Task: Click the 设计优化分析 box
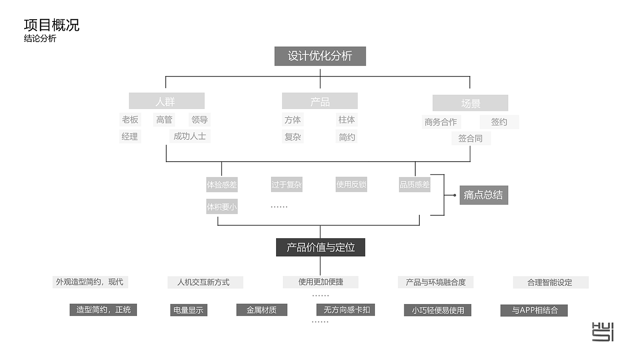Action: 320,56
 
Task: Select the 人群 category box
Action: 166,101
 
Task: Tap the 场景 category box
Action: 470,104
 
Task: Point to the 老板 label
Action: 130,120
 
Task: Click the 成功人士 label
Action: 190,136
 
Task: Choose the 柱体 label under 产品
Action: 347,120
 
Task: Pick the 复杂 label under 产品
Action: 293,137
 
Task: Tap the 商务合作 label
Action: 440,122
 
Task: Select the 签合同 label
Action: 470,138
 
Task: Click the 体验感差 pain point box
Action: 222,185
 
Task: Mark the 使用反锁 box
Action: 351,185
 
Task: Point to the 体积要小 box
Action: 222,207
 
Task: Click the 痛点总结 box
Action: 483,195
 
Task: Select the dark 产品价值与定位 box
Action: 320,247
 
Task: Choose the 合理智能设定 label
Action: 550,283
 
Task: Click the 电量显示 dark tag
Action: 188,310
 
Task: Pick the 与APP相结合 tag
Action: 534,311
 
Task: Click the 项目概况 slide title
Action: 52,25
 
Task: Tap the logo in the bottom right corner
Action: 603,332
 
